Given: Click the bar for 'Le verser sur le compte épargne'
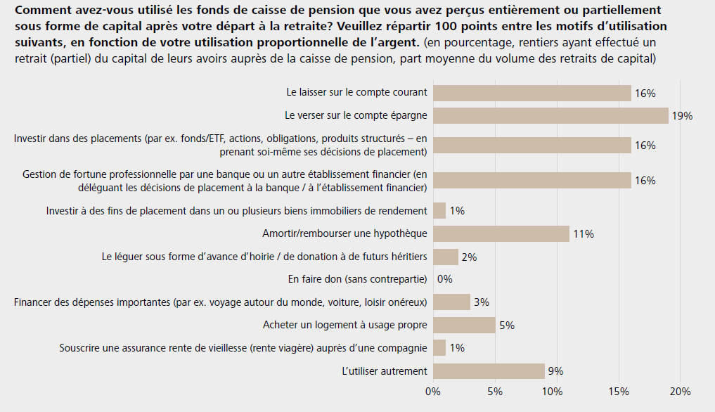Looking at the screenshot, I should [x=550, y=115].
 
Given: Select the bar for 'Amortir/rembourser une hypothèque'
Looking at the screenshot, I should [x=501, y=233].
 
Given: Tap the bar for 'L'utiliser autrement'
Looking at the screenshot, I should [x=489, y=371].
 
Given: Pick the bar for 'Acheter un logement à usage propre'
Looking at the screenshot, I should [x=464, y=325].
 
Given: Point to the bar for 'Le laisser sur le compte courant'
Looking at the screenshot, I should [x=532, y=93].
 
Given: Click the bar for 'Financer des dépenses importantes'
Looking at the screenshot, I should [x=451, y=302].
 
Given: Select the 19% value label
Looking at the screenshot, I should [x=682, y=116].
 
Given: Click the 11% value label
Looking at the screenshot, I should [x=584, y=234].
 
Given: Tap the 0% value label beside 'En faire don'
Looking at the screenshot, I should [x=444, y=279].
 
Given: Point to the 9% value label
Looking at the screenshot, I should [x=555, y=371].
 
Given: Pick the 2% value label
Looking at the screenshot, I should [x=469, y=257].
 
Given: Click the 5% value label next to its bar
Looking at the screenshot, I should [x=506, y=325].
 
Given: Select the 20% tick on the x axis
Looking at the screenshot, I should [x=680, y=392].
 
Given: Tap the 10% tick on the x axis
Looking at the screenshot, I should [x=555, y=392].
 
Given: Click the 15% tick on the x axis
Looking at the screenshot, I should [x=618, y=392].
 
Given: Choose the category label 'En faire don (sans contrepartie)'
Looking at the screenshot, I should [x=357, y=279].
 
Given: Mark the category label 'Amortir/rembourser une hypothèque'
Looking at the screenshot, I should [x=344, y=233].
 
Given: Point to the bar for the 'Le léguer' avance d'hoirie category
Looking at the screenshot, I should [x=445, y=257].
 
